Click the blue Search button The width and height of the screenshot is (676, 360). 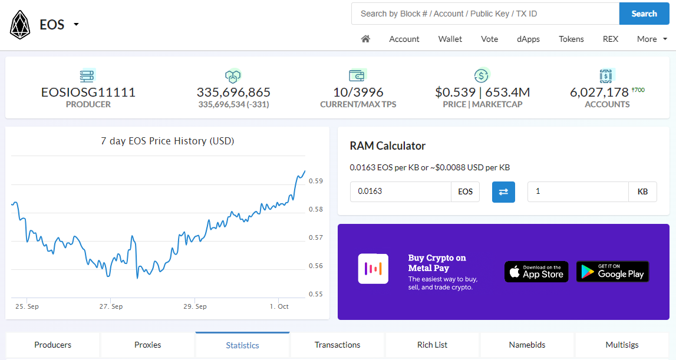point(644,14)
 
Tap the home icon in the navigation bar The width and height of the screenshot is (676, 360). point(365,39)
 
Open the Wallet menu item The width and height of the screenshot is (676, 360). point(450,39)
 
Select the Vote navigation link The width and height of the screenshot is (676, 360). point(489,39)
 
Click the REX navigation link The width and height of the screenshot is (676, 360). point(610,39)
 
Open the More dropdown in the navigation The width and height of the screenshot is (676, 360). point(652,39)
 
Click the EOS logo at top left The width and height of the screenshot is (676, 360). point(20,25)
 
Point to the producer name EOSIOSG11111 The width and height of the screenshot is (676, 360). point(88,93)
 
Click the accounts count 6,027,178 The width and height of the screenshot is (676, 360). point(599,93)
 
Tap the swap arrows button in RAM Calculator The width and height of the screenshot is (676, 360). point(503,191)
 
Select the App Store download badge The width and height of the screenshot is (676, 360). point(536,272)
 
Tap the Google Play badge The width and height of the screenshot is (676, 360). point(612,272)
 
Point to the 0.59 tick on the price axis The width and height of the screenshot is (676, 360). point(315,181)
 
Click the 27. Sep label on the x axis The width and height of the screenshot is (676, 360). point(111,306)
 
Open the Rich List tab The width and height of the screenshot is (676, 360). point(432,345)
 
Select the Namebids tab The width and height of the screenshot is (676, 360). point(527,345)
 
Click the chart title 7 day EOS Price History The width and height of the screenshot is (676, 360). point(167,141)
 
